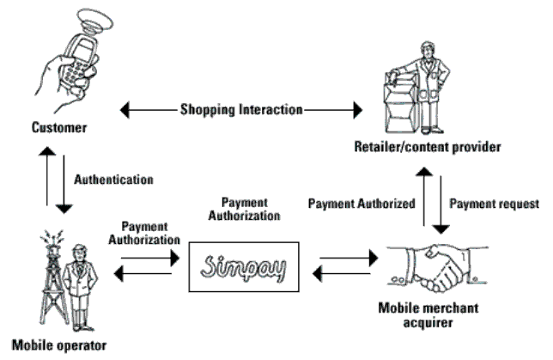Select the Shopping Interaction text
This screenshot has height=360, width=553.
[x=241, y=109]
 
